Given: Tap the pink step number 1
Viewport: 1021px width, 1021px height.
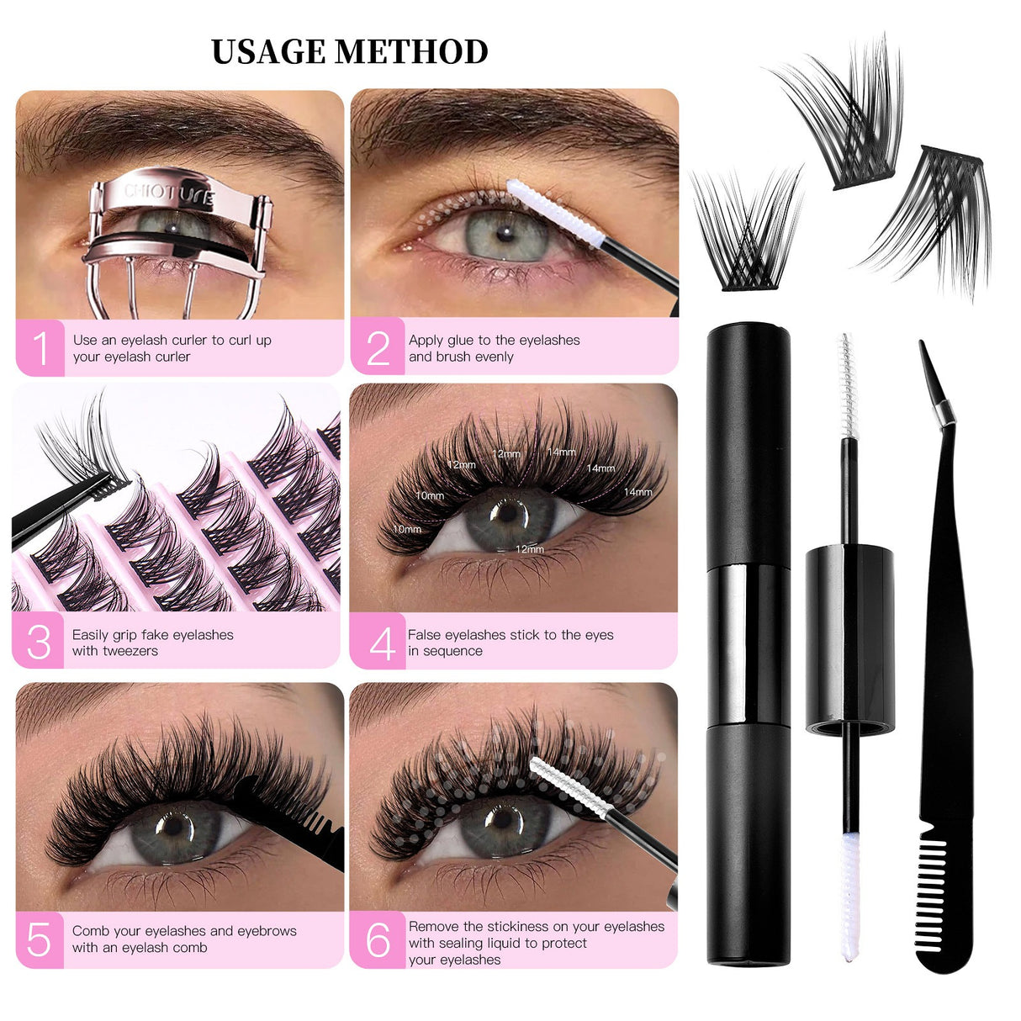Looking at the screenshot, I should tap(40, 348).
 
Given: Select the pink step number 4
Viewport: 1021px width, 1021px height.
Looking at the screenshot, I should tap(380, 643).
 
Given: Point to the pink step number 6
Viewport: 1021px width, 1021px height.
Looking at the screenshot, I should tap(378, 940).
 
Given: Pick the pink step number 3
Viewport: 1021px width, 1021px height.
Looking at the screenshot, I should tap(39, 643).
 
